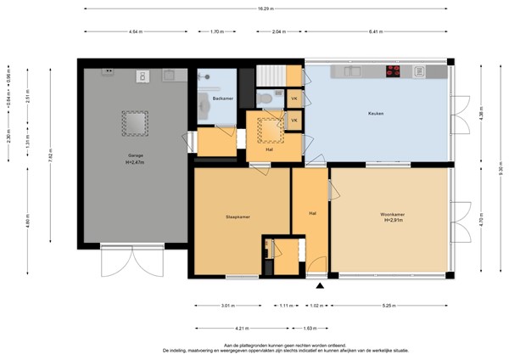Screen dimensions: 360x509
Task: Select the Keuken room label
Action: [375, 113]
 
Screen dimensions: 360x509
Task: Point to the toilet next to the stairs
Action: [266, 97]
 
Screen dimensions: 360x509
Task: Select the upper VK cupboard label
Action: [294, 99]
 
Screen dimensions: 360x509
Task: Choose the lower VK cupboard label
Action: [294, 121]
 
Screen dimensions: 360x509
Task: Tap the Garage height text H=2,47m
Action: [136, 161]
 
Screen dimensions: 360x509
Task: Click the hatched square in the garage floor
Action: [135, 124]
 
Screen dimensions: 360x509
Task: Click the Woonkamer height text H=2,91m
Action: [392, 221]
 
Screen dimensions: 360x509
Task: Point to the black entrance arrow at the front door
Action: [320, 286]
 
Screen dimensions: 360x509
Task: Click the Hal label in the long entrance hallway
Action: [312, 213]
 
